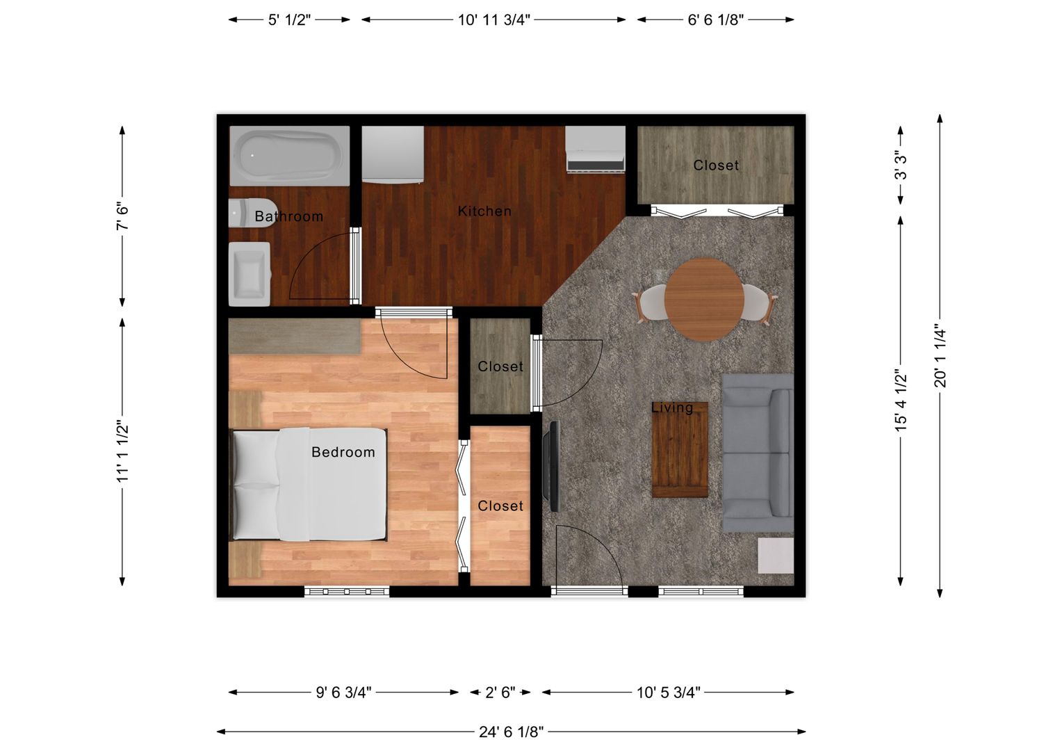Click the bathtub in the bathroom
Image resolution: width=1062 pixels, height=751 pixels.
pyautogui.click(x=290, y=156)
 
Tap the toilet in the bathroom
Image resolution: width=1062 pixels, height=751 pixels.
pyautogui.click(x=252, y=213)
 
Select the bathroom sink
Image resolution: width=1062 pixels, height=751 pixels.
pyautogui.click(x=250, y=274)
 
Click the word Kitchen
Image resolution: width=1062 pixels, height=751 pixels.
pyautogui.click(x=484, y=211)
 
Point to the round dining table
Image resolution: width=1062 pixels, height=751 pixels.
pyautogui.click(x=704, y=299)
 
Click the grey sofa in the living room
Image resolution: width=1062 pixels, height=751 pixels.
pyautogui.click(x=758, y=453)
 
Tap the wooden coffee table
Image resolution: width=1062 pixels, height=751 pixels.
pyautogui.click(x=680, y=449)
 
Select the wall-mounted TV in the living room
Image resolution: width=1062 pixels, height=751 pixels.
pyautogui.click(x=552, y=466)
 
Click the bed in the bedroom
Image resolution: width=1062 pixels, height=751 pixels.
pyautogui.click(x=309, y=485)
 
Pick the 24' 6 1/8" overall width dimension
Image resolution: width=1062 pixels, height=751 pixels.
pyautogui.click(x=511, y=732)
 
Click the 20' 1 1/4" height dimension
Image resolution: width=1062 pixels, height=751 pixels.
pyautogui.click(x=940, y=356)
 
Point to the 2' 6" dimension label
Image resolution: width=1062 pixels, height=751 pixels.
pyautogui.click(x=500, y=692)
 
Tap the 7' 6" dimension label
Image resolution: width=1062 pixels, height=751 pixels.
pyautogui.click(x=122, y=216)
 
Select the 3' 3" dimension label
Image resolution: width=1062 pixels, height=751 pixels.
pyautogui.click(x=900, y=165)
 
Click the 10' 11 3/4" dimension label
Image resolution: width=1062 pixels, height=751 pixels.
pyautogui.click(x=493, y=20)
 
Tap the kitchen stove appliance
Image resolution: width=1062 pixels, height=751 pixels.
pyautogui.click(x=596, y=149)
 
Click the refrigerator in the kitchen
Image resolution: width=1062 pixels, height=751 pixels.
pyautogui.click(x=393, y=154)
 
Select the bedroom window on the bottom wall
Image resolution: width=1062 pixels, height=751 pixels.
pyautogui.click(x=347, y=592)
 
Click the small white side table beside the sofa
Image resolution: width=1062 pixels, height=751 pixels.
pyautogui.click(x=776, y=556)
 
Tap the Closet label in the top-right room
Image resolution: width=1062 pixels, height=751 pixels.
pyautogui.click(x=716, y=165)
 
